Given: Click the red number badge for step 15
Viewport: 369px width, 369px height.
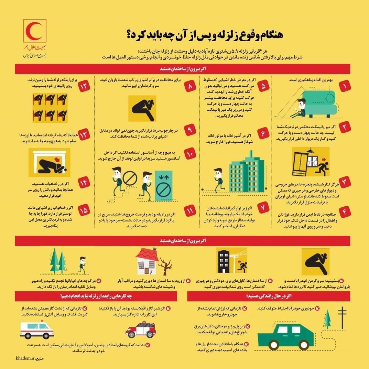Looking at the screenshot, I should pos(83,209).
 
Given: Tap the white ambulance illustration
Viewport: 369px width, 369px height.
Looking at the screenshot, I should pos(37,330).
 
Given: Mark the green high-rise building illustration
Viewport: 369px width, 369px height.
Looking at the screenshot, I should pos(246,175).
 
